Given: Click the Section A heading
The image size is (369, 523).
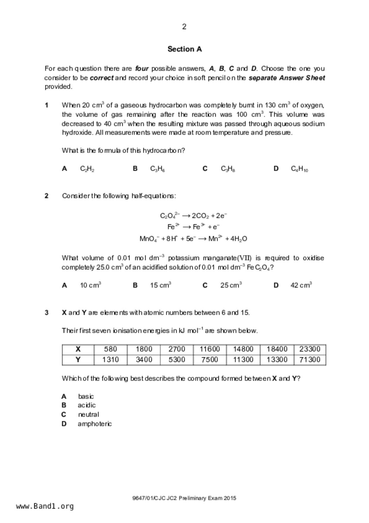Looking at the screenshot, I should (184, 49).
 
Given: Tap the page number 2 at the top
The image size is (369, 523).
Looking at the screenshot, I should (184, 27).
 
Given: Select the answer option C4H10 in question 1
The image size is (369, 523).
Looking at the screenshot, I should (299, 169).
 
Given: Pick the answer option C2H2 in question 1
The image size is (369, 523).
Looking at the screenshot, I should (87, 169).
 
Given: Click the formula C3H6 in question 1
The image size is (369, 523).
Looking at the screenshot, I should (158, 169).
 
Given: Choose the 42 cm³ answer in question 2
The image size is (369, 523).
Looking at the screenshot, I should (301, 285).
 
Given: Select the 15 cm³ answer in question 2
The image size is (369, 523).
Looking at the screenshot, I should (161, 285).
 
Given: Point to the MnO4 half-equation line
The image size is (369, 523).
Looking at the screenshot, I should (193, 239).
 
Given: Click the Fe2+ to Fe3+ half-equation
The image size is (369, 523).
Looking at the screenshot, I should (193, 227).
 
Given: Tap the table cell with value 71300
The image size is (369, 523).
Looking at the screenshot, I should (310, 360).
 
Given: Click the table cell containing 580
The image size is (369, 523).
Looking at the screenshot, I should (110, 349).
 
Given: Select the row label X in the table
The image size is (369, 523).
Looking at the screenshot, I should (78, 349).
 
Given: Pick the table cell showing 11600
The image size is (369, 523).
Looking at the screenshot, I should (210, 349).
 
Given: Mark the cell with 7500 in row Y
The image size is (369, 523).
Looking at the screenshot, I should (210, 360).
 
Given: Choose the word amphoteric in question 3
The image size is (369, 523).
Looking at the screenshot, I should (95, 424).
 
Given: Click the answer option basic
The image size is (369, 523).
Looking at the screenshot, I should (86, 397).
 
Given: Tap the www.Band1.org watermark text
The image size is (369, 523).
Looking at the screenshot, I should (45, 506).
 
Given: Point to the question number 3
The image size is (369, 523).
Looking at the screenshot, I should (46, 313).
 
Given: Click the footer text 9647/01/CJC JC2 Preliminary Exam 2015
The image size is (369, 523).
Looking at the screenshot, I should (184, 498).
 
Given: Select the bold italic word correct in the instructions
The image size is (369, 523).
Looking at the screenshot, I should (102, 78).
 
